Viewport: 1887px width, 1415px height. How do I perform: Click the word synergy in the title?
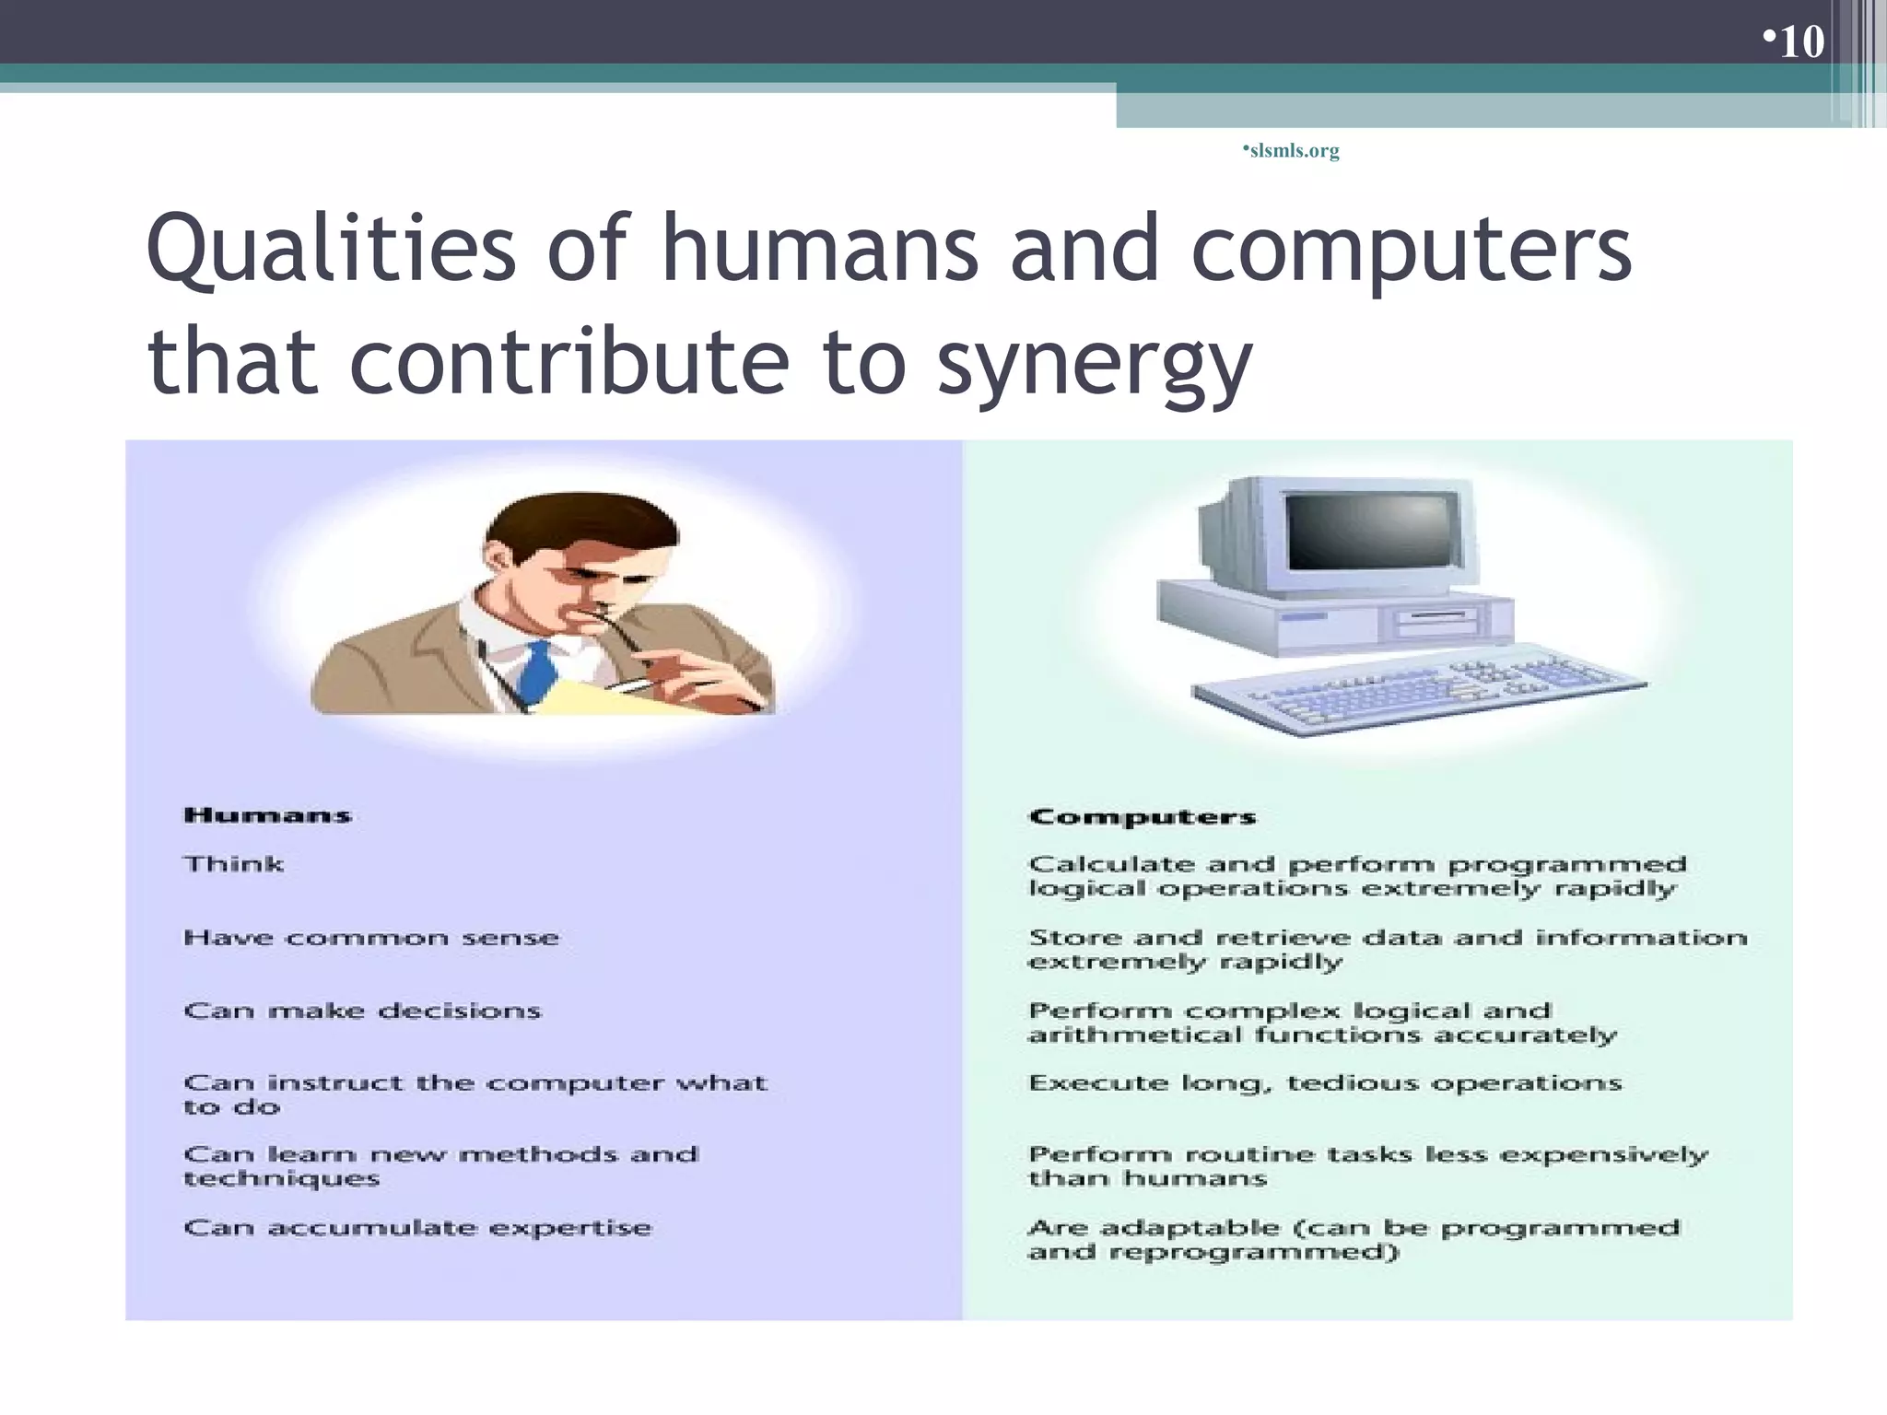(1095, 361)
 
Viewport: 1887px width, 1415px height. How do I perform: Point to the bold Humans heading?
(268, 815)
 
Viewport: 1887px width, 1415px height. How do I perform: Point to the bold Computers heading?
(1143, 817)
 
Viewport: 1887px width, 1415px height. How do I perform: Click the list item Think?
(234, 864)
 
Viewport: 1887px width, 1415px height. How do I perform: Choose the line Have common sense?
(371, 938)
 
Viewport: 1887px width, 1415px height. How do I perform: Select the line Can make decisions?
(362, 1011)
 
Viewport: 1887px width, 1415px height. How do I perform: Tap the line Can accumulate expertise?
(417, 1228)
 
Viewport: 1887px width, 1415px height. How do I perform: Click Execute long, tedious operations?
(1325, 1083)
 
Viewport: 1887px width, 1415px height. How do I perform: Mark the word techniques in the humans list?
(282, 1179)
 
